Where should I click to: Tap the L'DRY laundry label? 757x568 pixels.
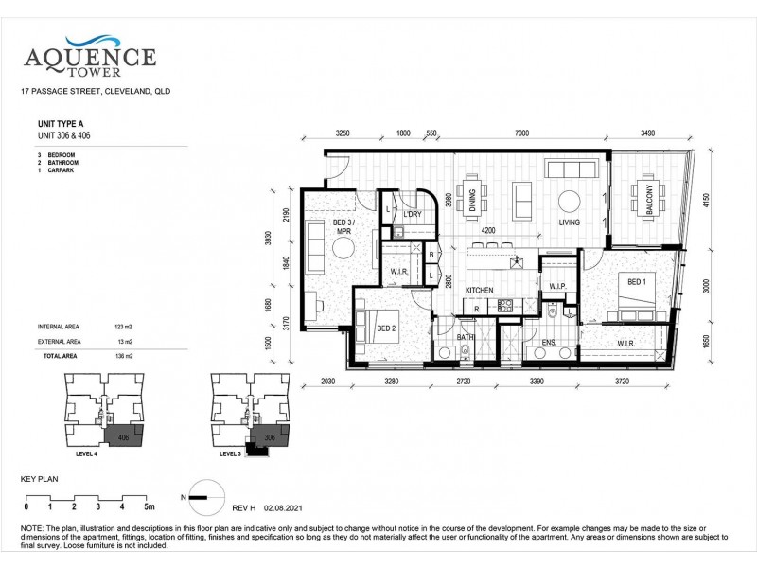412,214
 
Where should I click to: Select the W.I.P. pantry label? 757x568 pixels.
556,287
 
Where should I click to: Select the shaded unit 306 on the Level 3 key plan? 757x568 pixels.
270,438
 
